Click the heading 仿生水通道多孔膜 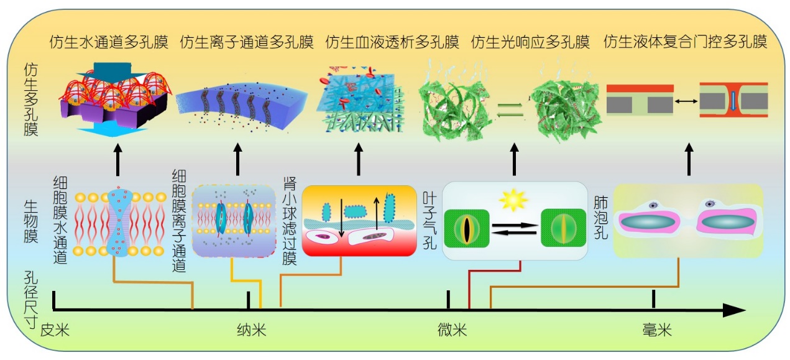109,42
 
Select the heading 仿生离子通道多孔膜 247,42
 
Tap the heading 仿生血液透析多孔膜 392,42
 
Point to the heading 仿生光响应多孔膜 530,42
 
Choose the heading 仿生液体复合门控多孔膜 685,42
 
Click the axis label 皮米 55,330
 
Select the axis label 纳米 251,330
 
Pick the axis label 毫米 657,330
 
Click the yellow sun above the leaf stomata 514,200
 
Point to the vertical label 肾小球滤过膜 289,221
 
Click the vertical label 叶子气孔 429,220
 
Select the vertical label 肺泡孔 602,212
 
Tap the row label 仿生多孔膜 30,99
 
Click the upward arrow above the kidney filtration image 358,160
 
